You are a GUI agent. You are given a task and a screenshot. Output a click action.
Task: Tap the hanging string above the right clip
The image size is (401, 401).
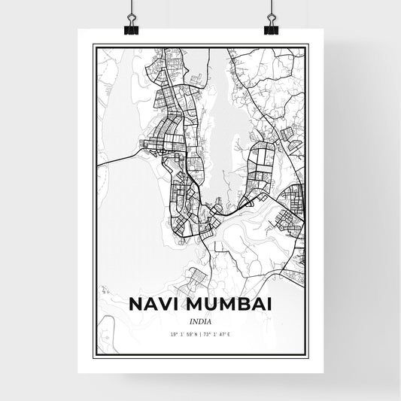click(x=269, y=8)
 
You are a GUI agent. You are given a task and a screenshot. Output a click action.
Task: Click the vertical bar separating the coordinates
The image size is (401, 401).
click(x=200, y=334)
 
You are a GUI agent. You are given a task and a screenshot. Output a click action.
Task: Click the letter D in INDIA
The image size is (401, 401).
click(x=199, y=320)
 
